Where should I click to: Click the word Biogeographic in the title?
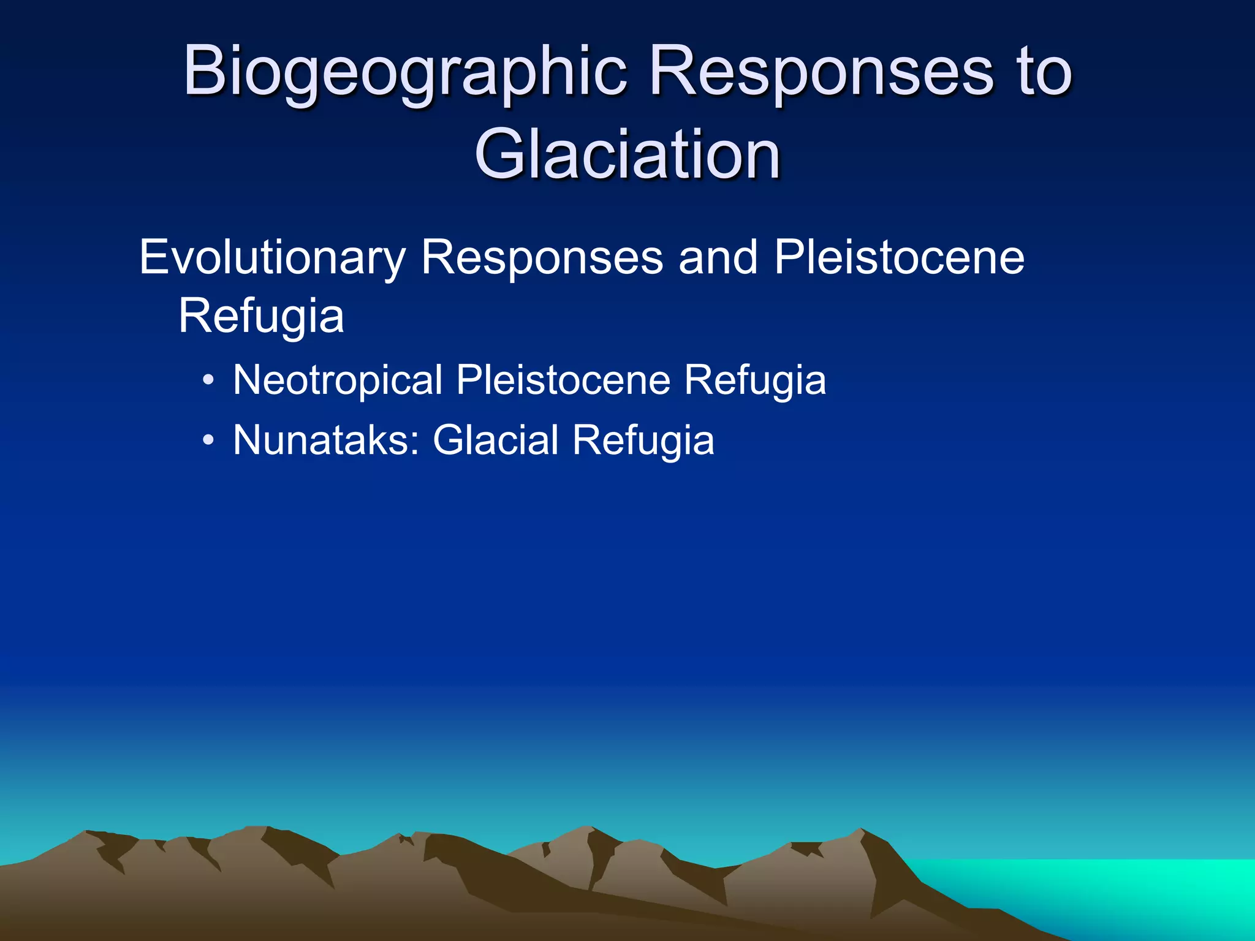405,72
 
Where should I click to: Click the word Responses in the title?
821,72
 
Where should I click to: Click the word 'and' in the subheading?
718,257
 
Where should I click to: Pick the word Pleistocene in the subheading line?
899,257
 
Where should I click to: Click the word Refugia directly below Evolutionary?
261,316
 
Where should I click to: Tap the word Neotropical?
338,380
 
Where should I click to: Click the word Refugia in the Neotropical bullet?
755,380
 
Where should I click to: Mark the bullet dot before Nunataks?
208,440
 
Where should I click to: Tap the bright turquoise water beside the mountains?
1134,888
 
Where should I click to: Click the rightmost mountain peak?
861,831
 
